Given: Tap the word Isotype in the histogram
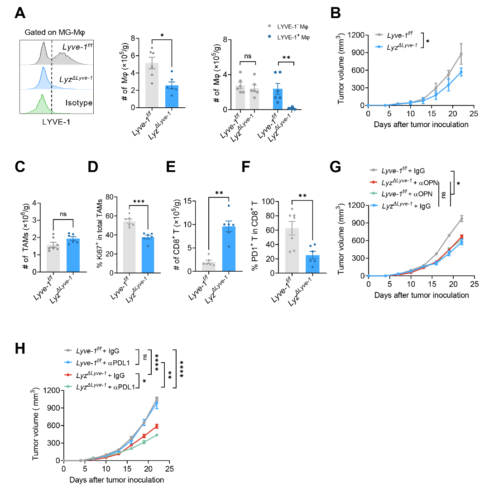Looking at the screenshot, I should pyautogui.click(x=78, y=103).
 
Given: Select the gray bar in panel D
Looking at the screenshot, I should pyautogui.click(x=129, y=247).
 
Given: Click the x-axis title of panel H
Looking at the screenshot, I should pyautogui.click(x=116, y=479).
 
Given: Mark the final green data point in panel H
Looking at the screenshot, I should pyautogui.click(x=157, y=435).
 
